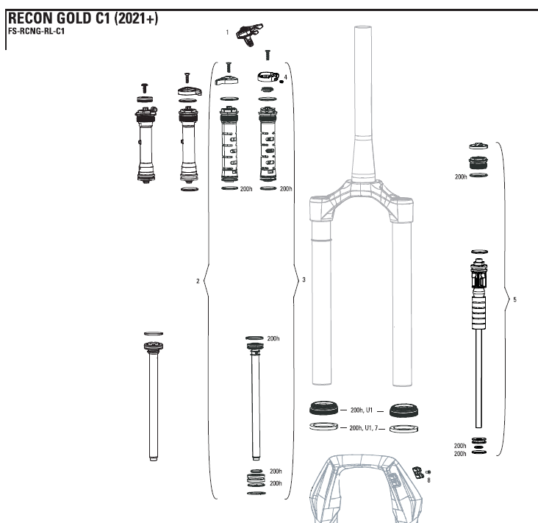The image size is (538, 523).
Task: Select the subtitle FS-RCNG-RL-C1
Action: tap(36, 32)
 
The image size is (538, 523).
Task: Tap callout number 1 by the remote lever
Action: tap(228, 32)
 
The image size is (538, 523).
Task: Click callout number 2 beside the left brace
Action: tap(198, 280)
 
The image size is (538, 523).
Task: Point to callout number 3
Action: tap(304, 280)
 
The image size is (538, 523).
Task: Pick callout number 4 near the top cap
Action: tap(285, 77)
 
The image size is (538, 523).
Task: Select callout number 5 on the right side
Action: tap(514, 299)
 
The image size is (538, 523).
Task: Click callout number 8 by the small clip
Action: tap(429, 479)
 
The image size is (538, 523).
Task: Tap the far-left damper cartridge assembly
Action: tap(145, 143)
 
